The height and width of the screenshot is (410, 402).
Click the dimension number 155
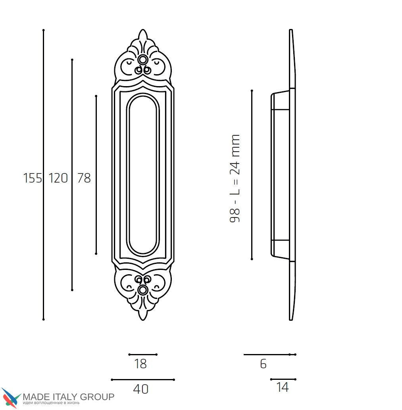pos(33,179)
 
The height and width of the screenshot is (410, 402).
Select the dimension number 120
pos(58,179)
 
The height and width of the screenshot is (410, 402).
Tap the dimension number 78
pos(84,179)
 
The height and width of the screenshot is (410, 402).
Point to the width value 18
pos(140,364)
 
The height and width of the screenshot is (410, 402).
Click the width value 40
pos(141,389)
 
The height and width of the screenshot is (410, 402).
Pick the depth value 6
pos(264,364)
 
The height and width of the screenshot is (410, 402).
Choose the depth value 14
pos(283,388)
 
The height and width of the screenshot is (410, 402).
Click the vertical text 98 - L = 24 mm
pos(235,179)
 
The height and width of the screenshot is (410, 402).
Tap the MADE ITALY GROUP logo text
pos(69,397)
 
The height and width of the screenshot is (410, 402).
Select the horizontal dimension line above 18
pos(143,354)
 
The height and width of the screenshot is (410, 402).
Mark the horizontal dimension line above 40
pos(143,380)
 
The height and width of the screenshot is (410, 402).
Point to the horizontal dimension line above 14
pos(283,379)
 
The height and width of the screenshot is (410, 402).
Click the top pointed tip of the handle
pos(143,31)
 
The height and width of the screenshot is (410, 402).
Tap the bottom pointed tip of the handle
pos(143,318)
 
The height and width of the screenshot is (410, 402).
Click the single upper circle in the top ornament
pos(143,60)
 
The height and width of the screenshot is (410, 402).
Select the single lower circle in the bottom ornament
pos(143,290)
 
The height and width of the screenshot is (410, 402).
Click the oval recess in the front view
pos(143,175)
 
